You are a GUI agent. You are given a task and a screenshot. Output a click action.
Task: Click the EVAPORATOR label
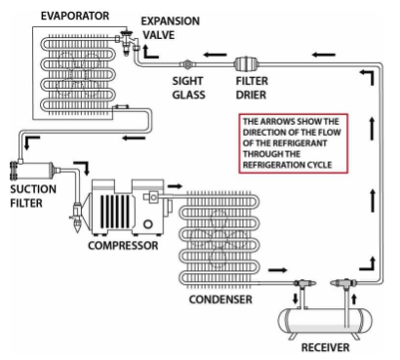click(75, 16)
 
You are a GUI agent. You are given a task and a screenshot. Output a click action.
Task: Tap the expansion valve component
click(127, 42)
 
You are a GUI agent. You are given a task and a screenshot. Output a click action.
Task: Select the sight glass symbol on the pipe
click(187, 64)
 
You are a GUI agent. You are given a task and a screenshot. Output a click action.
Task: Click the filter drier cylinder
click(247, 63)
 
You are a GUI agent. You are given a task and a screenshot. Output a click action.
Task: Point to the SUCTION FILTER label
click(33, 196)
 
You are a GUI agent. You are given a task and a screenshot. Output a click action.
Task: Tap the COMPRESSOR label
click(123, 245)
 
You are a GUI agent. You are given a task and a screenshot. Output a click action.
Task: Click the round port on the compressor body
click(148, 223)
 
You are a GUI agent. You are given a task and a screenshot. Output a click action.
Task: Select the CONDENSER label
click(220, 300)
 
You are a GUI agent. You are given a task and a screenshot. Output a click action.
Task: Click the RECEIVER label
click(325, 347)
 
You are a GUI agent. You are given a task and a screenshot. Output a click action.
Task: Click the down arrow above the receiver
click(296, 299)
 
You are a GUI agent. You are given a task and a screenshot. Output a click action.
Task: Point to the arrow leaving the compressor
click(175, 186)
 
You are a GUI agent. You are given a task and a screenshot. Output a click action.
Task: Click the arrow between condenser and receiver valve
click(278, 270)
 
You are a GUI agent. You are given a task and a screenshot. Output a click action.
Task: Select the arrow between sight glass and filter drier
click(216, 55)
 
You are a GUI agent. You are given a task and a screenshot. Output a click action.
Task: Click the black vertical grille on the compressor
click(115, 211)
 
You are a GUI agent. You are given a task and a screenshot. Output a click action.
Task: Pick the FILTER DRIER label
click(252, 88)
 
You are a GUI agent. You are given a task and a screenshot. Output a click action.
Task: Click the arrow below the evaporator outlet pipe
click(134, 139)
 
